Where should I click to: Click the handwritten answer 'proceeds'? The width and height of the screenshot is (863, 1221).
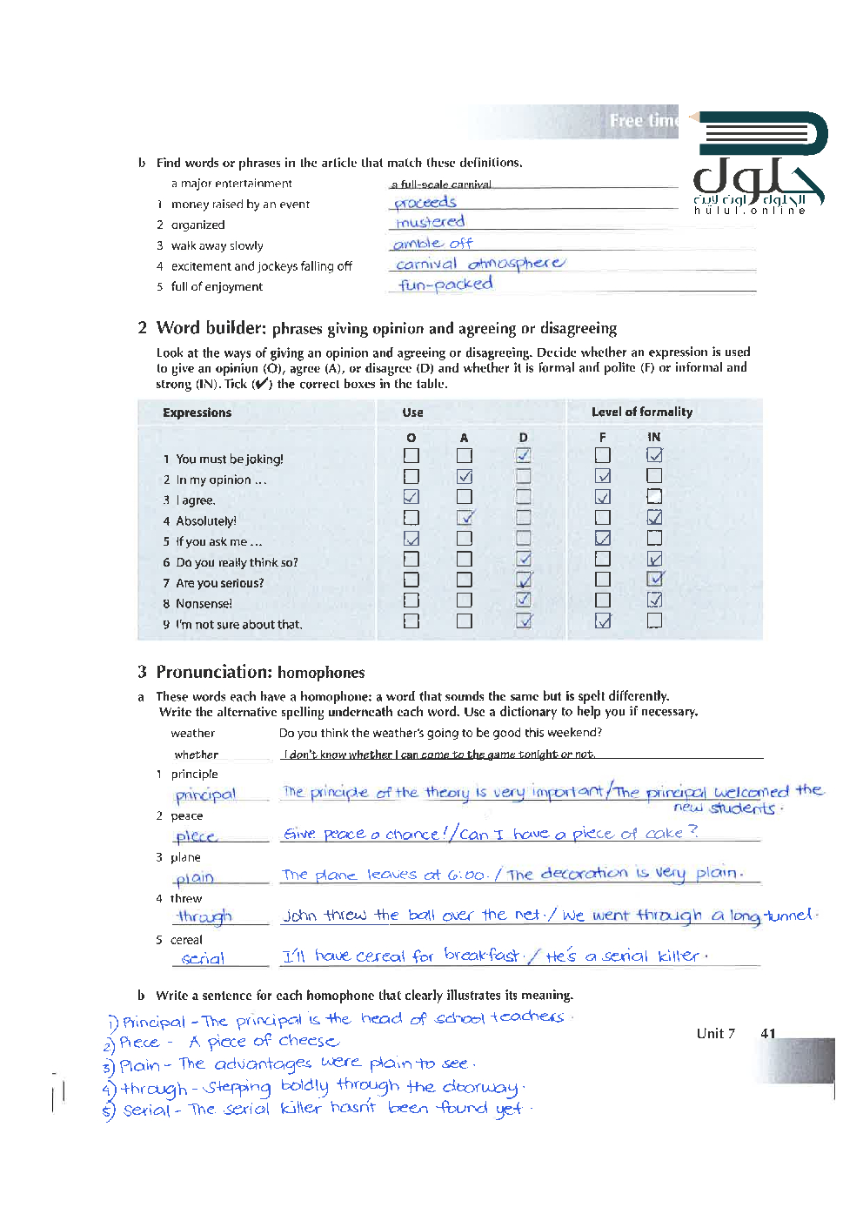[x=425, y=203]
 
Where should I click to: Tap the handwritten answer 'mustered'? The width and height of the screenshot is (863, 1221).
[x=431, y=223]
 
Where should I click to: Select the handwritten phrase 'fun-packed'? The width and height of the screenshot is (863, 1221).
[x=445, y=285]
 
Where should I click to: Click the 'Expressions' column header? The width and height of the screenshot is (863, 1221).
[x=197, y=413]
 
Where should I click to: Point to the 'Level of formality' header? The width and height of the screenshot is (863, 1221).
[x=642, y=412]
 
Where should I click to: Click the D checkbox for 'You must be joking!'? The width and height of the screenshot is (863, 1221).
[x=523, y=455]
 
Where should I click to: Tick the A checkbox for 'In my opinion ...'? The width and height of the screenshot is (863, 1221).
[x=465, y=476]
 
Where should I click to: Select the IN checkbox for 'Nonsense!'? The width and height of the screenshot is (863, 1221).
[x=654, y=600]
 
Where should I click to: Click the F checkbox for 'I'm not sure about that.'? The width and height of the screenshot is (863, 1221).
[x=603, y=621]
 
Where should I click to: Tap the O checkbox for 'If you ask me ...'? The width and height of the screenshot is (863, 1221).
[x=411, y=539]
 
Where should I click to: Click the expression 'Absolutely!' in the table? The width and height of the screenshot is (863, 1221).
[x=206, y=521]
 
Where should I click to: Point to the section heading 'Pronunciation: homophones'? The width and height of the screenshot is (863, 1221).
[x=260, y=672]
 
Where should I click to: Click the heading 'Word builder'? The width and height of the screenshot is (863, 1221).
[x=211, y=328]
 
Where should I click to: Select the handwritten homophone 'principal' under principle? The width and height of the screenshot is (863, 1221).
[x=205, y=795]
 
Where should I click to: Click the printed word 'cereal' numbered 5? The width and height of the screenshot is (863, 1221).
[x=186, y=940]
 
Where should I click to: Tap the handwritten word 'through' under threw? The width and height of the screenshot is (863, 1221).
[x=204, y=916]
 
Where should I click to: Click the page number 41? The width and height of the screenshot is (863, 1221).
[x=767, y=1034]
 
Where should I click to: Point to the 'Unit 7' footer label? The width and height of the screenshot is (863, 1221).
[x=715, y=1034]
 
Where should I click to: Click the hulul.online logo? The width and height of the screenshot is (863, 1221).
[x=759, y=165]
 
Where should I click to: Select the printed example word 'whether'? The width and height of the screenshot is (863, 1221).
[x=197, y=755]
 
